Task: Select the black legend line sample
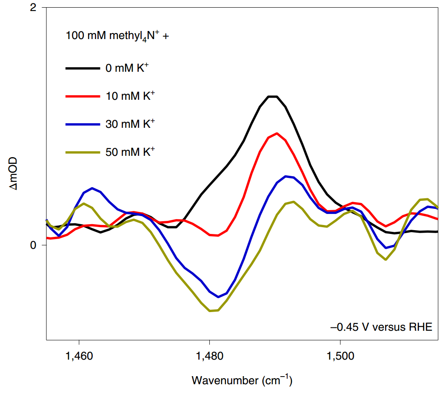tap(83, 68)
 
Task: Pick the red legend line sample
tap(83, 96)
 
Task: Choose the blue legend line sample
tap(83, 124)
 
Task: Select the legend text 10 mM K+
tap(130, 96)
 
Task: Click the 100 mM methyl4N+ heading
tap(117, 36)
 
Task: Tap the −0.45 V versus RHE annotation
tap(381, 327)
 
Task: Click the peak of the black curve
tap(273, 96)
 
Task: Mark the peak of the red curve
tap(277, 133)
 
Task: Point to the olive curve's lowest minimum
tap(210, 311)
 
